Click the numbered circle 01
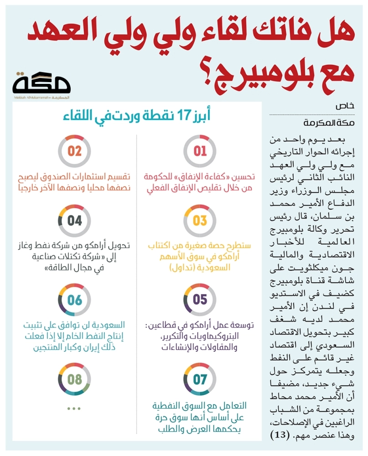pos(200,151)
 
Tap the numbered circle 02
pos(75,151)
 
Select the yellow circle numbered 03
pos(200,221)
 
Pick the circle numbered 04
pos(75,221)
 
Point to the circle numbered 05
pos(200,300)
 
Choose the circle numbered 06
pos(75,300)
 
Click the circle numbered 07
pos(200,379)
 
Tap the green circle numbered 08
pos(75,379)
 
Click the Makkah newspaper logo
pos(42,85)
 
